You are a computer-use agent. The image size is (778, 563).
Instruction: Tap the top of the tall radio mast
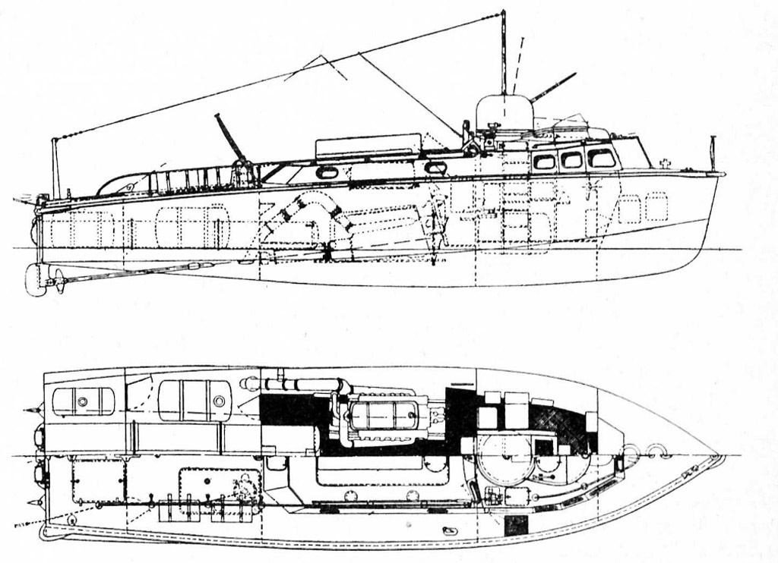click(x=503, y=13)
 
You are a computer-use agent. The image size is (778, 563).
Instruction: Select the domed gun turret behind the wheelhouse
click(x=504, y=112)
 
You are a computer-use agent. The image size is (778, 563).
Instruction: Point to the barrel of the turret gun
click(x=553, y=86)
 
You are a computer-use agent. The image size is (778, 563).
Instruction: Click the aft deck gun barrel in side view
click(x=229, y=137)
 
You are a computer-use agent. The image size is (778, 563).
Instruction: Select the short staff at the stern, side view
click(x=55, y=167)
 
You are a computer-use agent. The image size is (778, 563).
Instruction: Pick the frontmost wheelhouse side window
click(x=602, y=158)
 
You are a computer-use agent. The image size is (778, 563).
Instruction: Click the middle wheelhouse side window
click(x=571, y=159)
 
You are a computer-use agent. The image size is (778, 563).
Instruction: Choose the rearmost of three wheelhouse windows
click(x=544, y=161)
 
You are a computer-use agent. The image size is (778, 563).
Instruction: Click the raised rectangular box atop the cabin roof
click(x=368, y=146)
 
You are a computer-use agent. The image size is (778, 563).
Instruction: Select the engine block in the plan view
click(x=384, y=415)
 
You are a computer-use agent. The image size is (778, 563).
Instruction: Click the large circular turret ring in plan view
click(x=505, y=459)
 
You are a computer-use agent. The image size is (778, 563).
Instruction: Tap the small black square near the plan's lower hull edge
click(x=516, y=524)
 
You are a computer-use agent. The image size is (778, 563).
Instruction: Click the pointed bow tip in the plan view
click(x=719, y=457)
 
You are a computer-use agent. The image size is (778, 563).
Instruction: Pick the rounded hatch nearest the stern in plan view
click(x=83, y=401)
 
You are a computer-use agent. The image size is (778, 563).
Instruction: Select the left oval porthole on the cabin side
click(x=327, y=172)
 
